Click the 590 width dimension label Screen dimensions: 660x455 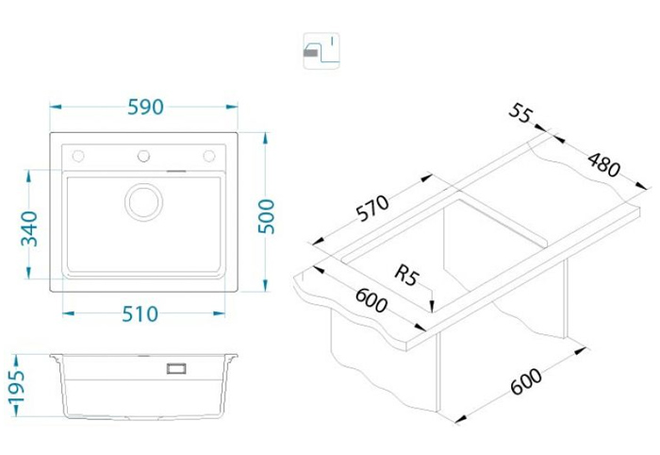pos(145,108)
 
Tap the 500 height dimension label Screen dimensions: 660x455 pos(266,216)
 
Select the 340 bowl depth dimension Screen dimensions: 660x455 pos(29,228)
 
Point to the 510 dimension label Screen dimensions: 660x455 pos(140,313)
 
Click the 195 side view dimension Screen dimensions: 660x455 pos(17,387)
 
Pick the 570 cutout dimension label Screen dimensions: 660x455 pos(372,208)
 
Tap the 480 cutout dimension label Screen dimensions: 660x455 pos(604,165)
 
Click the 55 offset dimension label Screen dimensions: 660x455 pos(521,113)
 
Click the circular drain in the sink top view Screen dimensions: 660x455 pos(143,202)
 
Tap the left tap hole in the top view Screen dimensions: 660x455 pos(78,156)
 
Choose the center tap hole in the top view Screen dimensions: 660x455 pos(143,156)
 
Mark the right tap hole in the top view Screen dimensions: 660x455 pos(208,156)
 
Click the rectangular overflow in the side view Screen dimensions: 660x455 pos(176,368)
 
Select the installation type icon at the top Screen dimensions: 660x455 pos(322,51)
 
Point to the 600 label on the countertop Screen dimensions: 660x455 pos(371,300)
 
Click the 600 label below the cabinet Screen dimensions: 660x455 pos(526,380)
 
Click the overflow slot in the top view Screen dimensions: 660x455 pos(176,171)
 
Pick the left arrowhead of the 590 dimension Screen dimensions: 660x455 pos(56,107)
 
